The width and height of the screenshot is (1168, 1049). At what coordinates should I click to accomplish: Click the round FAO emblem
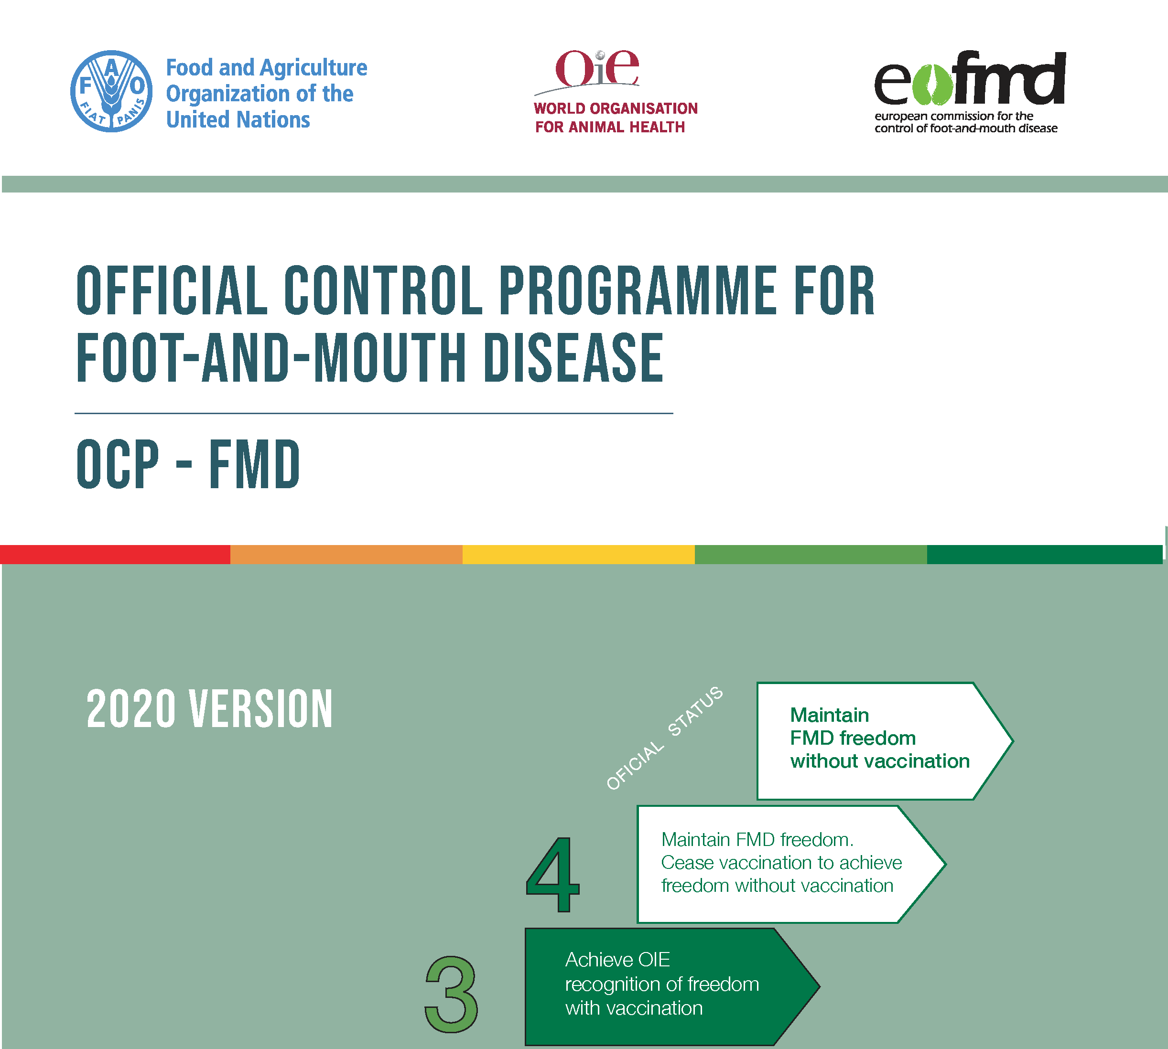[x=111, y=91]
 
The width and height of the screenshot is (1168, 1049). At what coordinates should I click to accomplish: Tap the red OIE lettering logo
[x=597, y=67]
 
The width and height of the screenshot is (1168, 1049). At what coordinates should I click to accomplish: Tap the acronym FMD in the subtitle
[x=254, y=465]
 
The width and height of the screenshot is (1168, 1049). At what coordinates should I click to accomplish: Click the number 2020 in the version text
[x=131, y=709]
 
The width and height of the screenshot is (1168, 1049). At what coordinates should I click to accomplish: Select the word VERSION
[x=261, y=709]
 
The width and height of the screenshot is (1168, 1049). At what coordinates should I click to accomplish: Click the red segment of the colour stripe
[x=115, y=555]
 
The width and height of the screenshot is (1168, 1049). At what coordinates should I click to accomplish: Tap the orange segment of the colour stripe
[x=346, y=555]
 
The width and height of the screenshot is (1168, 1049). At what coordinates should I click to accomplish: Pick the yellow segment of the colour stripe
[x=579, y=555]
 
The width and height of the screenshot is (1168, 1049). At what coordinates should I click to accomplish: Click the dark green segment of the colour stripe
[x=1045, y=555]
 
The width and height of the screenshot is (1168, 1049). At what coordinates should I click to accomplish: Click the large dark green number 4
[x=553, y=875]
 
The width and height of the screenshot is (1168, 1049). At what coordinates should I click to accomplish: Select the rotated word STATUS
[x=695, y=711]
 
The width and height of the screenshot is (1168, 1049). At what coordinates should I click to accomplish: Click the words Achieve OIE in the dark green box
[x=617, y=960]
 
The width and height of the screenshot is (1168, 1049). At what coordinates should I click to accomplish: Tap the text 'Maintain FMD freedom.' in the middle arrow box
[x=757, y=840]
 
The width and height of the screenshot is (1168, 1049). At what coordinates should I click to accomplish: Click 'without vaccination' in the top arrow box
[x=880, y=761]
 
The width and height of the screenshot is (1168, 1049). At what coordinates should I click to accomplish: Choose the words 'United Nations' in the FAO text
[x=238, y=120]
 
